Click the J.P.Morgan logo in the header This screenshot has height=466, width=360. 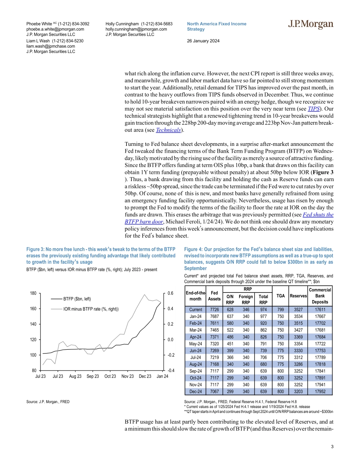310,25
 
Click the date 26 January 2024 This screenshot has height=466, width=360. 203,41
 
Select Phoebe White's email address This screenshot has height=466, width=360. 55,29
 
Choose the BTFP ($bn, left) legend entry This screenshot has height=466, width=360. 77,299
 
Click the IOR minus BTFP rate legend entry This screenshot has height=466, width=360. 91,309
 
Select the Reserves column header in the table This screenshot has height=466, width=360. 297,296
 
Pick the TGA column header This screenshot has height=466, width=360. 280,296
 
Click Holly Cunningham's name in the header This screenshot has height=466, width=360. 123,23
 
